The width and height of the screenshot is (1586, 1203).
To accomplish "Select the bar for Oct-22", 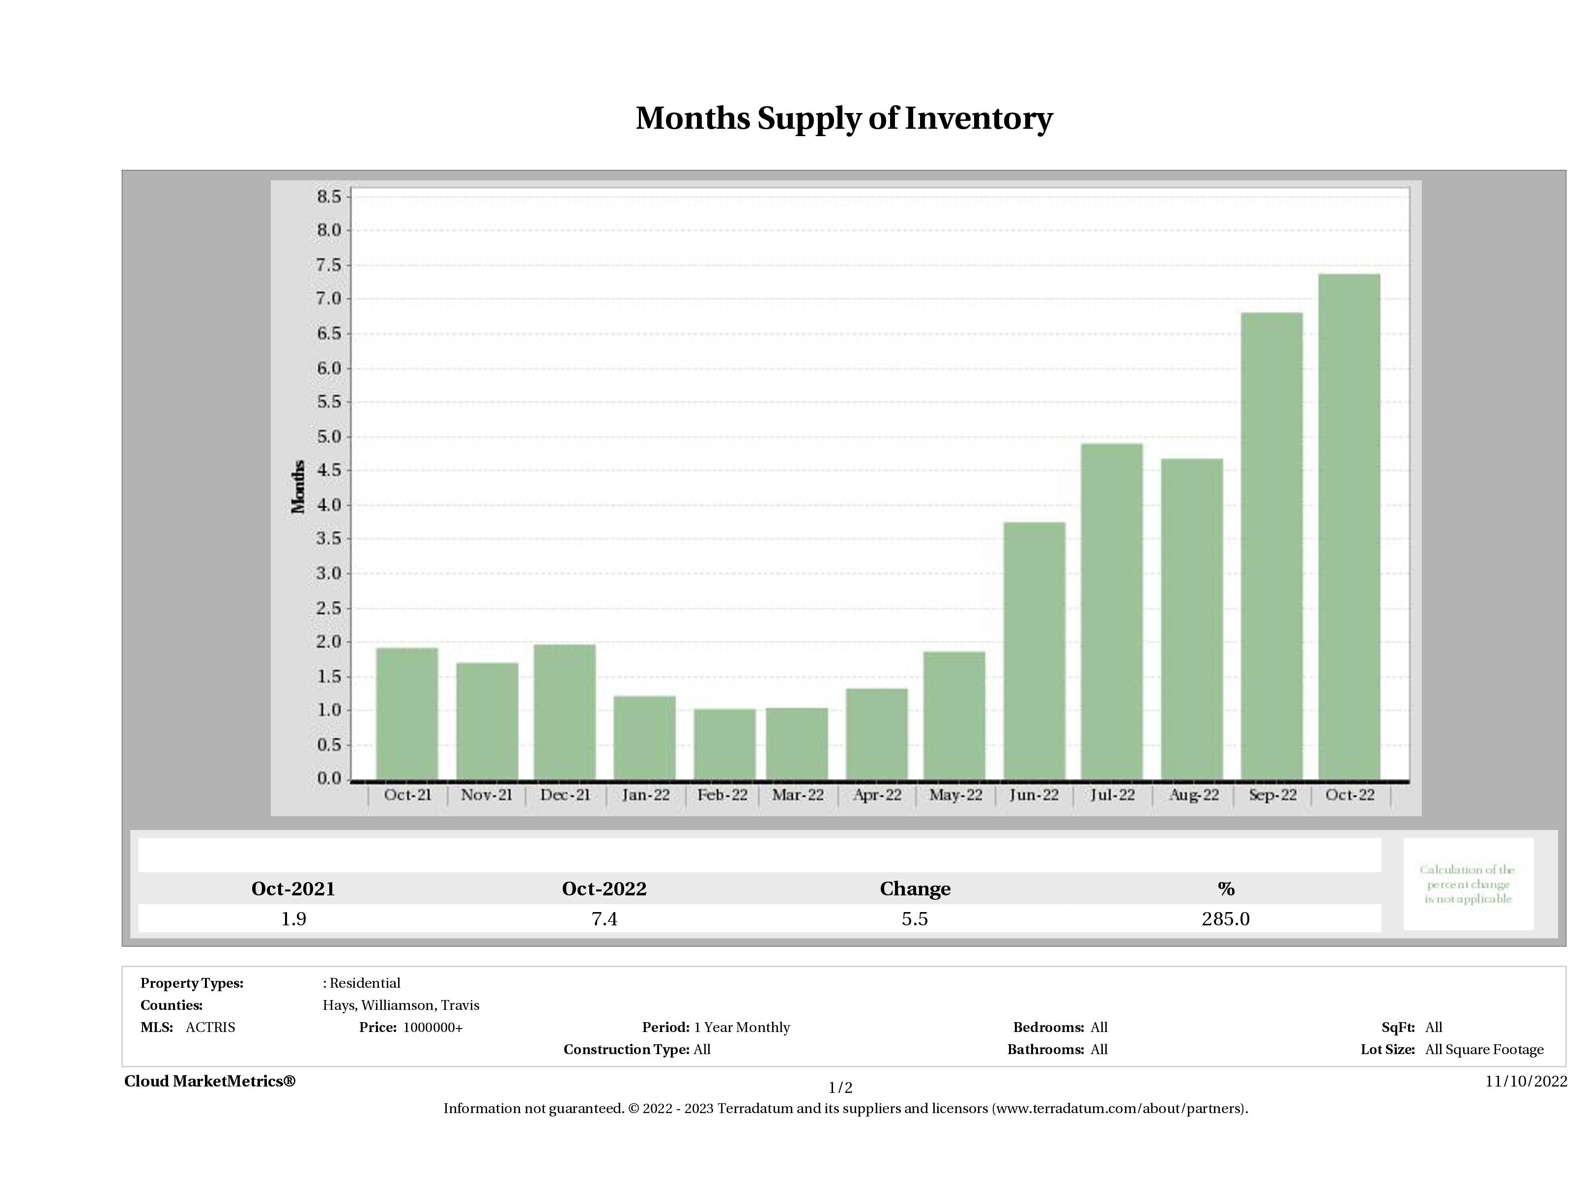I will point(1349,527).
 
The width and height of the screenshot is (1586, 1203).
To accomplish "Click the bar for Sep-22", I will point(1271,546).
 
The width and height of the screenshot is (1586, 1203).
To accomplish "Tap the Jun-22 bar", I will point(1034,651).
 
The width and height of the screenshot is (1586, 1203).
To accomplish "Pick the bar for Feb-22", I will point(724,744).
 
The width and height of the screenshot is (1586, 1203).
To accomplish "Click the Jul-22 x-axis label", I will point(1113,795).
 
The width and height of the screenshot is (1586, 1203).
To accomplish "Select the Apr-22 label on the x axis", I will point(877,795).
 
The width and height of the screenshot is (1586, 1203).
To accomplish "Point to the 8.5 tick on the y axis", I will point(329,197).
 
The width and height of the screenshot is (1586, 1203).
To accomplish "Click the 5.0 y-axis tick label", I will point(329,436).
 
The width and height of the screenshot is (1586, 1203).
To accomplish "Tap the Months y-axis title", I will point(298,487).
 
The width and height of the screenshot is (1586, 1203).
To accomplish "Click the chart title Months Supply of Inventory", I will point(844,118).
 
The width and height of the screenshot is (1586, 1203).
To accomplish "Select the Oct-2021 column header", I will point(293,889).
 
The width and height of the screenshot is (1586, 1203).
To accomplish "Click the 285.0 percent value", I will point(1225,919).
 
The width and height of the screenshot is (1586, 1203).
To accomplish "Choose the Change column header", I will point(915,889).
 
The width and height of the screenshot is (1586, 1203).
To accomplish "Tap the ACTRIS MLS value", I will point(210,1028).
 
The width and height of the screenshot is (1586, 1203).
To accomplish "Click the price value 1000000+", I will point(433,1028).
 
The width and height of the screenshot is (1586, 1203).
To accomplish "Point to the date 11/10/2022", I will point(1526,1082).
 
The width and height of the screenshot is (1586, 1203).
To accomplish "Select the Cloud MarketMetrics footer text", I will point(209,1081).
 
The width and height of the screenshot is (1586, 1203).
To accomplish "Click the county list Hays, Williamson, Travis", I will point(401,1005).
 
